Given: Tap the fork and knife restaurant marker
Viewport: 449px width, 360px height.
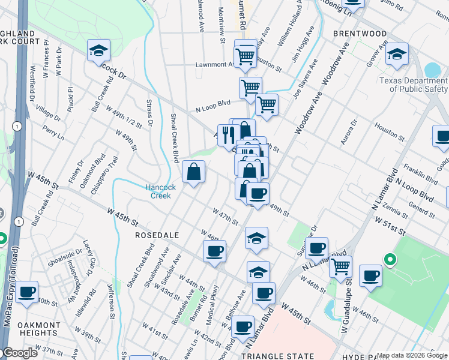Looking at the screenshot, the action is click(228, 135).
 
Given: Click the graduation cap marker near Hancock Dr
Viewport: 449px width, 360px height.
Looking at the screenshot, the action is click(98, 52).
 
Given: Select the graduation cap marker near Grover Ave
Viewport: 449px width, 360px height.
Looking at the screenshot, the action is click(396, 55).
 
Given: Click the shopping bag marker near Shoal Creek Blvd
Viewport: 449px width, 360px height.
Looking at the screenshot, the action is click(194, 173).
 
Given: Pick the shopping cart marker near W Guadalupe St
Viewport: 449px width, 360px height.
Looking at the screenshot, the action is click(341, 265).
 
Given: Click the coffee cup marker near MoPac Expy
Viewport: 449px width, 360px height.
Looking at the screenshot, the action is click(27, 292).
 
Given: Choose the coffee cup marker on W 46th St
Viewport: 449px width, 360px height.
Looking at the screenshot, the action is click(214, 251).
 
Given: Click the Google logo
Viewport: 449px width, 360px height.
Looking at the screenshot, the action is click(19, 353).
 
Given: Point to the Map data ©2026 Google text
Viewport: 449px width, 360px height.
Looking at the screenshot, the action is click(412, 355).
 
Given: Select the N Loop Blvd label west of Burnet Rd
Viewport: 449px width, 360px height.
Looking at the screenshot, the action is click(213, 106).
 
